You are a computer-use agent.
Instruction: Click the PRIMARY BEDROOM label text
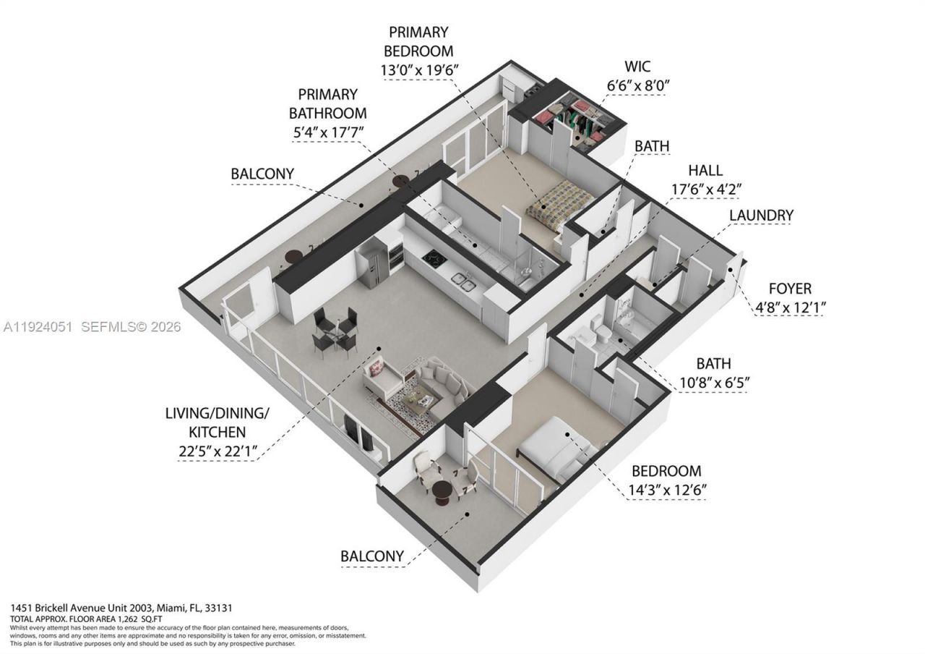(x=418, y=42)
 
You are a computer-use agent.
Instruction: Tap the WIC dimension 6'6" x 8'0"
(x=638, y=85)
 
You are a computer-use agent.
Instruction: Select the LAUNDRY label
(x=761, y=216)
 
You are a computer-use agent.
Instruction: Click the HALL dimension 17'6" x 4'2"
(x=705, y=189)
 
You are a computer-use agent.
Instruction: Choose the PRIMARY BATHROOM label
(x=327, y=104)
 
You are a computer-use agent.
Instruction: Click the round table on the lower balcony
(x=441, y=493)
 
